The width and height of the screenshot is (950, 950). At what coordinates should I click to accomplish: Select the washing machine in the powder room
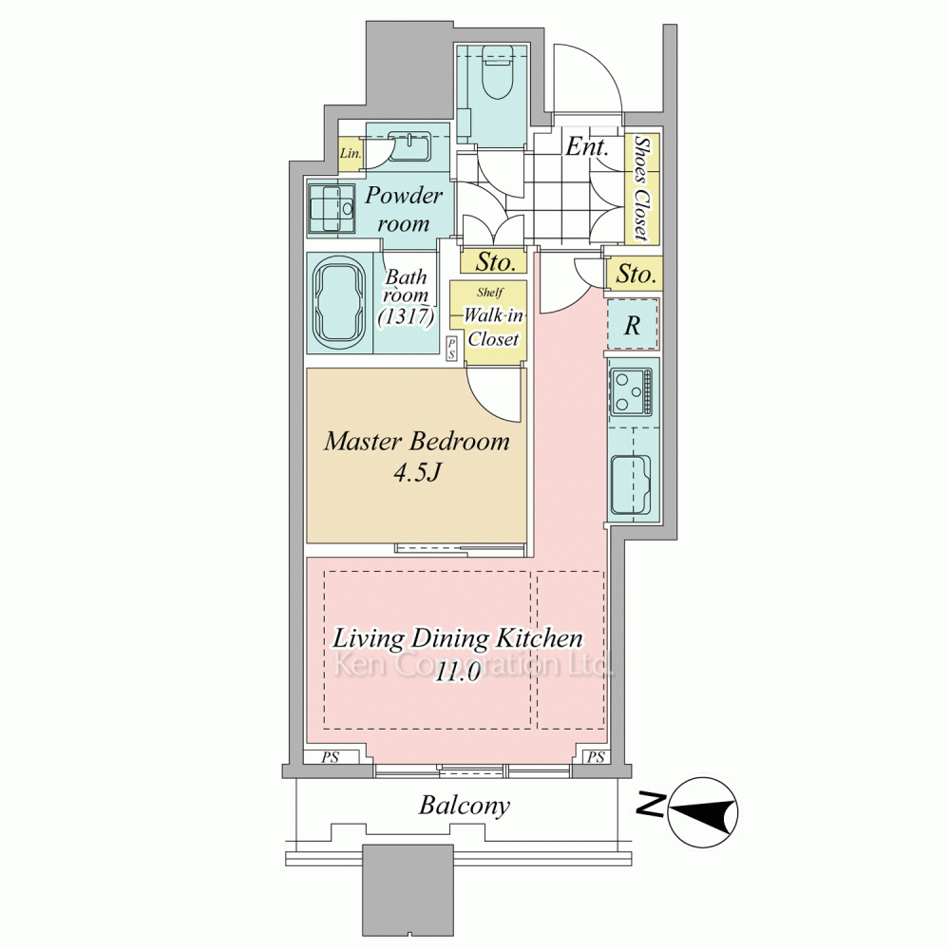[x=332, y=208]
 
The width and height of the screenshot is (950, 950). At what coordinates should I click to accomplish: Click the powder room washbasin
[x=408, y=146]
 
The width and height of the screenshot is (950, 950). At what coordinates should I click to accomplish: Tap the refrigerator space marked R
[x=633, y=325]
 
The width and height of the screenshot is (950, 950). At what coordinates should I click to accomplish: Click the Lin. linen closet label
[x=351, y=153]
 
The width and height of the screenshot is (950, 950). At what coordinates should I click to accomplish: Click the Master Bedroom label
[x=417, y=441]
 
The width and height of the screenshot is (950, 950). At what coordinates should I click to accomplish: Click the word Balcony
[x=465, y=806]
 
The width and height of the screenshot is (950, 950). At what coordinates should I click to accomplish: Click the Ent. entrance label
[x=586, y=146]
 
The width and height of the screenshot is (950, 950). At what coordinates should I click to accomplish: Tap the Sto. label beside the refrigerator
[x=636, y=275]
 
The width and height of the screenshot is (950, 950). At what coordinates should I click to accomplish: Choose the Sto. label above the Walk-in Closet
[x=495, y=262]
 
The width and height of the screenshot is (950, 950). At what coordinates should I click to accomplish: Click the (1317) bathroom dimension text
[x=406, y=316]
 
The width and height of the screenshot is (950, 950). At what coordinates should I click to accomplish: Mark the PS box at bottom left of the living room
[x=331, y=757]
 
